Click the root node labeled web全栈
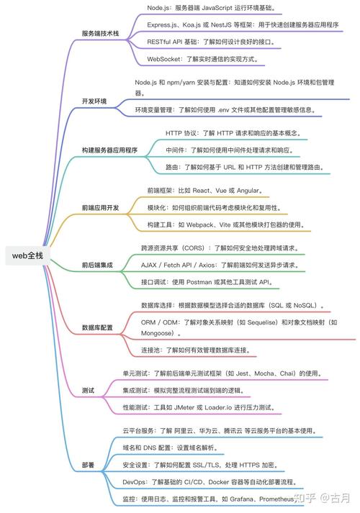pos(27,255)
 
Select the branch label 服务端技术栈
pos(100,33)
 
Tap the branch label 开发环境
pos(94,101)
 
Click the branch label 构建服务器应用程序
pos(109,150)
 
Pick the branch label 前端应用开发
pos(100,207)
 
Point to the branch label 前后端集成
pos(97,265)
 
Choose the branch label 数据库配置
pos(97,327)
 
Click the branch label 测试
pos(88,390)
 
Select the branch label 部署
pos(88,465)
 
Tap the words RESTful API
pos(164,42)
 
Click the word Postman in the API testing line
pos(199,282)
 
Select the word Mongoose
pos(157,333)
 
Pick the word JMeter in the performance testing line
pos(184,408)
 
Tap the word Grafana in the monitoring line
pos(241,499)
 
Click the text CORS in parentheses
pos(194,248)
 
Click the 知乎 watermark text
pos(305,498)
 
